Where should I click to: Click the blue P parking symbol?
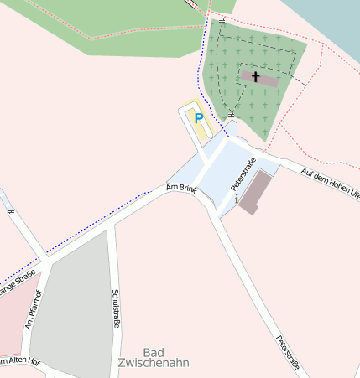tap(198, 118)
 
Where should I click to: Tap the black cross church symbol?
tap(255, 76)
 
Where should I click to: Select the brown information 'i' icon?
tap(237, 199)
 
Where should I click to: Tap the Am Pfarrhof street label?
tap(34, 308)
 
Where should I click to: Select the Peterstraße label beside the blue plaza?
tap(243, 173)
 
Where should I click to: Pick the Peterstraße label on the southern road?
tap(288, 352)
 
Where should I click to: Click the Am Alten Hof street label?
tap(18, 361)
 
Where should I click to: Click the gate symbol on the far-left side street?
tap(11, 210)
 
